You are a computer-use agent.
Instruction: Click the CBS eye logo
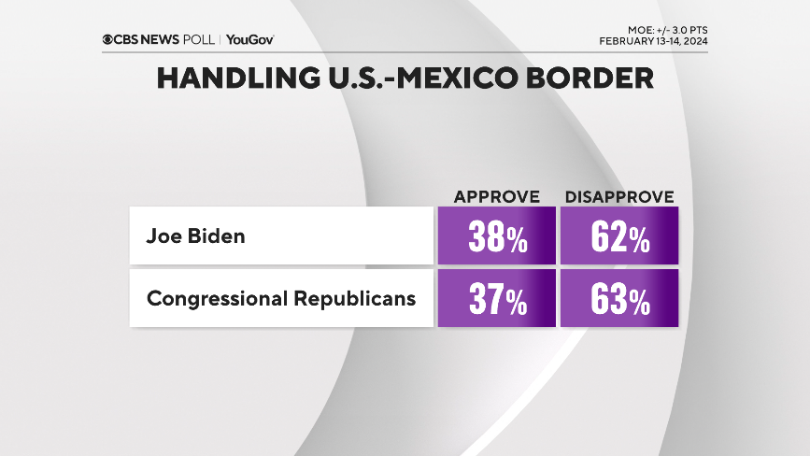108,39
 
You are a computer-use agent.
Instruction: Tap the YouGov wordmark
249,39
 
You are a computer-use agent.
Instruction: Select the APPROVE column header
497,196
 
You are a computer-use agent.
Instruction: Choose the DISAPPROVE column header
619,196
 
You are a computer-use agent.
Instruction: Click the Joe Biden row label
195,235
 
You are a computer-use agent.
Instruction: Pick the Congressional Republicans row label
280,300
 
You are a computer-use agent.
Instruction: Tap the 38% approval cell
496,236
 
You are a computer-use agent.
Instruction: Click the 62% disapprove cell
619,236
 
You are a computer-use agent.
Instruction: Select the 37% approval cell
496,300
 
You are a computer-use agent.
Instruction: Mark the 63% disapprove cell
619,300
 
